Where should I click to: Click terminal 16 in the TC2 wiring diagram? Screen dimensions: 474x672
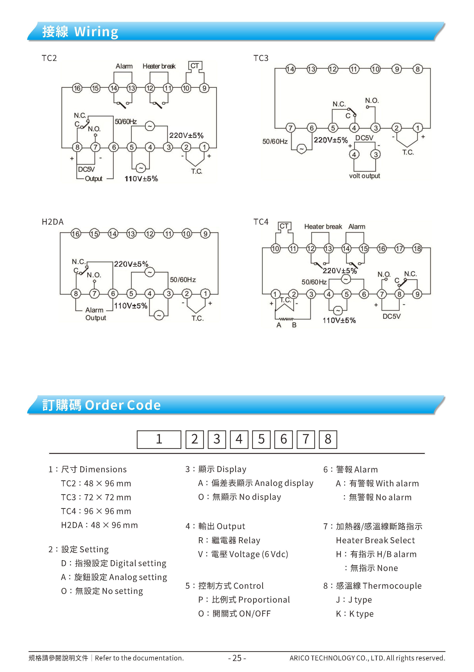[77, 88]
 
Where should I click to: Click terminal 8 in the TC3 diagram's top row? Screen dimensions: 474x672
[417, 69]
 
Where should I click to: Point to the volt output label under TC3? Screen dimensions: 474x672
[364, 176]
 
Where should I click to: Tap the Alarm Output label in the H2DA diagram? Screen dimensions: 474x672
[95, 314]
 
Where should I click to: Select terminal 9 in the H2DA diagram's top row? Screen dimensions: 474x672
[205, 234]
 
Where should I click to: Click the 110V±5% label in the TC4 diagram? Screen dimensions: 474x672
[339, 320]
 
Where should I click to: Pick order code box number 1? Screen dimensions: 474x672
[159, 439]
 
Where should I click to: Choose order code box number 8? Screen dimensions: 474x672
[328, 439]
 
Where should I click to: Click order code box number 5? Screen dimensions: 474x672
[261, 439]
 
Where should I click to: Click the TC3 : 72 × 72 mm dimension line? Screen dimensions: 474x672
[96, 497]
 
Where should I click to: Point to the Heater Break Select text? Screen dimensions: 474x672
[375, 540]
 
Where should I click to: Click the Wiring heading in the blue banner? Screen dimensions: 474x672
[96, 32]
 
